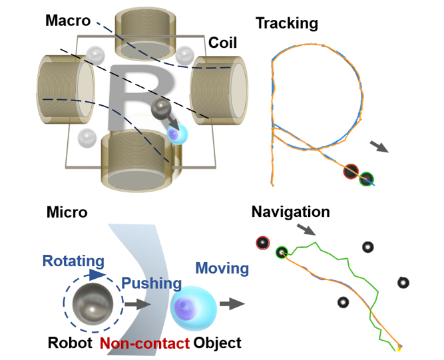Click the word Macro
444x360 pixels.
click(x=68, y=20)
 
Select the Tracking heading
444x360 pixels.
click(x=286, y=23)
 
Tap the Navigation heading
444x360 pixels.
click(x=290, y=212)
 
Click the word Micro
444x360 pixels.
click(x=67, y=212)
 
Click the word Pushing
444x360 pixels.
click(x=151, y=283)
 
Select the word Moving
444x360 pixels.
click(x=222, y=269)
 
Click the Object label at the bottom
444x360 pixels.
click(x=217, y=343)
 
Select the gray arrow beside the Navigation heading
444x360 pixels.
click(x=306, y=231)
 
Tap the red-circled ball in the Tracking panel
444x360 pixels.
click(x=351, y=172)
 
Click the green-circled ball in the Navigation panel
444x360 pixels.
click(x=282, y=252)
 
